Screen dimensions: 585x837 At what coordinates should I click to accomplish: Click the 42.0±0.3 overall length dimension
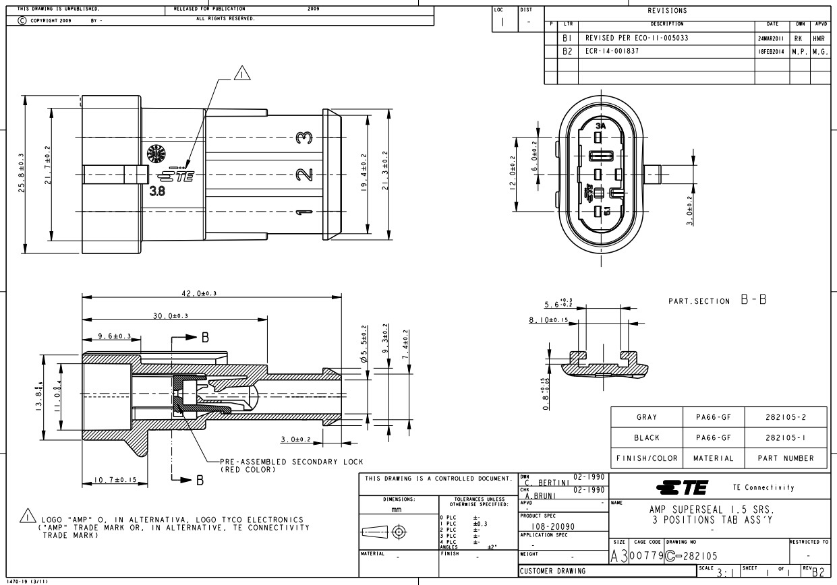click(x=203, y=293)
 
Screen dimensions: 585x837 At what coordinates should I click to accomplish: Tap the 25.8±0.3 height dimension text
click(x=22, y=173)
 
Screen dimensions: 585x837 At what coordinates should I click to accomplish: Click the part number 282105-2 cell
click(x=786, y=417)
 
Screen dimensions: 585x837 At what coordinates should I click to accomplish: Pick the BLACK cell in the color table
click(x=646, y=437)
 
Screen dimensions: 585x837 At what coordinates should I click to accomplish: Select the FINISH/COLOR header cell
click(x=646, y=458)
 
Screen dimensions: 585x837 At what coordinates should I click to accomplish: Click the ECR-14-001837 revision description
click(x=612, y=51)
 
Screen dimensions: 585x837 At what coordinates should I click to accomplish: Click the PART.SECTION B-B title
click(x=717, y=301)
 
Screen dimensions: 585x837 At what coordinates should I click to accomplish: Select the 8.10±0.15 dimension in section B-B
click(x=548, y=320)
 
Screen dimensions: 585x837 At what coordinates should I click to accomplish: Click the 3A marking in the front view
click(x=600, y=125)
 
